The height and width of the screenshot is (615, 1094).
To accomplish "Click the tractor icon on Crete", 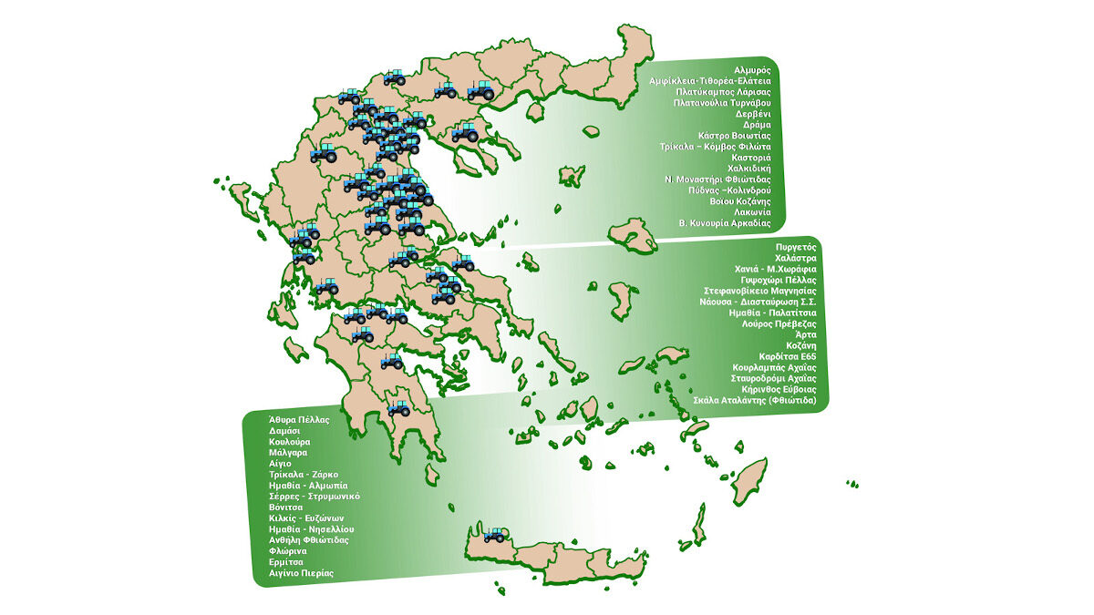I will (x=495, y=534).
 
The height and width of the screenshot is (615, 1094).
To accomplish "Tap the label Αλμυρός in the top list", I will (x=752, y=69).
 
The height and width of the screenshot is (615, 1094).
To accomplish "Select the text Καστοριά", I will (x=751, y=158).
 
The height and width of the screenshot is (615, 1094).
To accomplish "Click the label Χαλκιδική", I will (x=749, y=169).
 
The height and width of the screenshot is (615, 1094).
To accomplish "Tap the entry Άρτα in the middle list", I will (x=806, y=334).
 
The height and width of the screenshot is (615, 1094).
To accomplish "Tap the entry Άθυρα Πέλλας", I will (x=298, y=419).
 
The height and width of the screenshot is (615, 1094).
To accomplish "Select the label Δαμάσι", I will (x=285, y=430).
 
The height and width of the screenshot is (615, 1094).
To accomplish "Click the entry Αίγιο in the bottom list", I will (x=280, y=463).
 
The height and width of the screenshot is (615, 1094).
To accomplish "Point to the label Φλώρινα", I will (x=288, y=550).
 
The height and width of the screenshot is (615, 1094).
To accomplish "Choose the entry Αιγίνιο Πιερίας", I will (x=301, y=573).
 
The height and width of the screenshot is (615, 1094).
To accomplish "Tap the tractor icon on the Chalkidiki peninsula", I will (x=466, y=133).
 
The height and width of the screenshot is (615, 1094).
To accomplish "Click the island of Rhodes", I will (x=749, y=482).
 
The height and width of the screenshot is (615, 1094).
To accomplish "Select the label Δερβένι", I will (x=753, y=114).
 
